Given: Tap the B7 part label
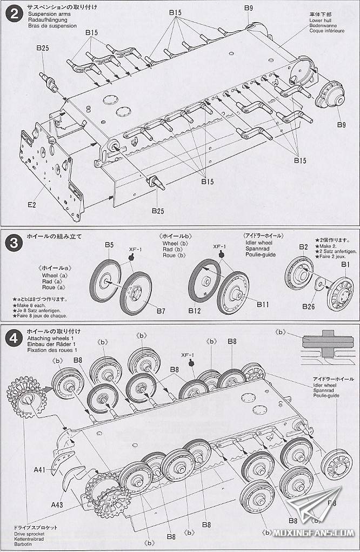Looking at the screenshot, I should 161,311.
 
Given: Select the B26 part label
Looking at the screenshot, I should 308,306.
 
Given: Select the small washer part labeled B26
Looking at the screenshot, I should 318,284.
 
